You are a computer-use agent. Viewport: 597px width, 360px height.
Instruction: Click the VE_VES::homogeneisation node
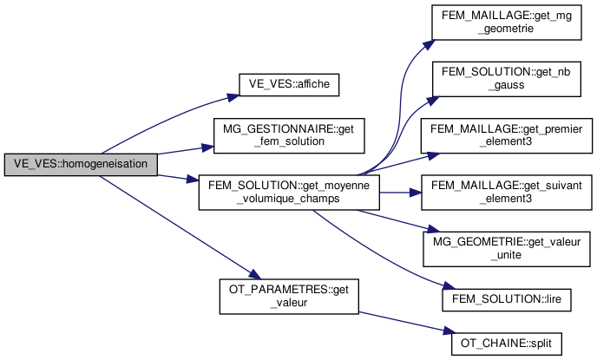pos(81,163)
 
